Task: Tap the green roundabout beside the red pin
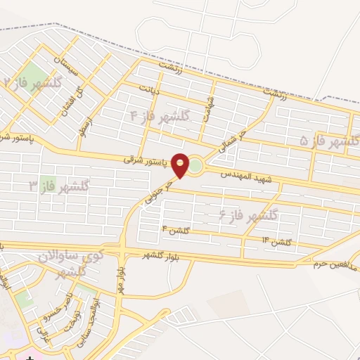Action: click(195, 167)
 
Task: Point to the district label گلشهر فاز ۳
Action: click(59, 186)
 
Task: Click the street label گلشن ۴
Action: click(176, 229)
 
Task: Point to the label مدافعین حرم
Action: click(336, 263)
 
